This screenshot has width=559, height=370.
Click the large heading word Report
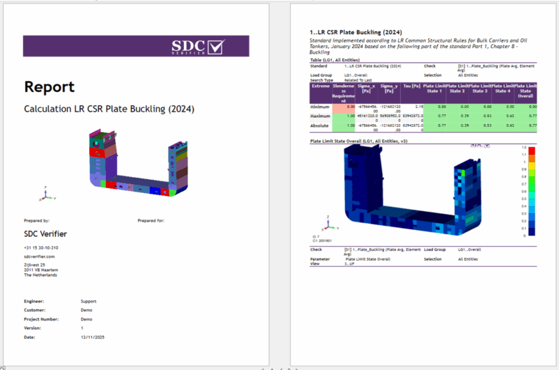(49, 86)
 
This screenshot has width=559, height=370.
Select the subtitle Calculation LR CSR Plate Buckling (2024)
(109, 109)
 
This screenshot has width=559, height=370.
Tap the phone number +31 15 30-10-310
(41, 247)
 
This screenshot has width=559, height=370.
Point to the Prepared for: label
(151, 220)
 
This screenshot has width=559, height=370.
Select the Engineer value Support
(89, 301)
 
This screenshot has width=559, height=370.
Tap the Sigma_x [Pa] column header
(367, 88)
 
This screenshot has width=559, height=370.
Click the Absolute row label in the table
(321, 125)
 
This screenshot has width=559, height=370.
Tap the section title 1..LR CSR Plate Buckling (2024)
(355, 32)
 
